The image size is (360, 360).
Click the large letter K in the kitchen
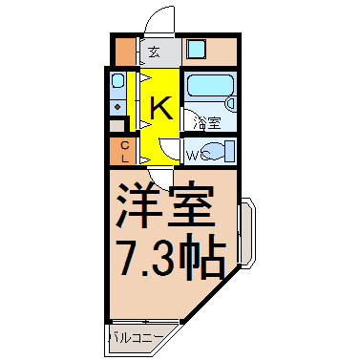[x=161, y=108]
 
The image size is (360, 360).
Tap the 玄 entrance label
[x=155, y=52]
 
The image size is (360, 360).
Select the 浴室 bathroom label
[x=209, y=123]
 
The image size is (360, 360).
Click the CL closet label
[x=125, y=152]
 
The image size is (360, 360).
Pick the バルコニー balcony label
[x=137, y=338]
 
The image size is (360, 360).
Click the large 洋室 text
[x=165, y=204]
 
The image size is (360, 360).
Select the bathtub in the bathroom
[x=210, y=85]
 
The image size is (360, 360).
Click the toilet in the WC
[x=219, y=151]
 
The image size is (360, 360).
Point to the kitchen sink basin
[x=117, y=80]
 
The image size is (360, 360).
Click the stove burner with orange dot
[x=117, y=107]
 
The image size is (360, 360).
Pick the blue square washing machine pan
[x=196, y=49]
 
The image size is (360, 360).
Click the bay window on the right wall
[x=247, y=231]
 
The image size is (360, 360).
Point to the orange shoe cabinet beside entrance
[x=125, y=52]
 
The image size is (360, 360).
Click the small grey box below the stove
[x=116, y=126]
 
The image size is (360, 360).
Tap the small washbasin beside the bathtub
[x=230, y=103]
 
